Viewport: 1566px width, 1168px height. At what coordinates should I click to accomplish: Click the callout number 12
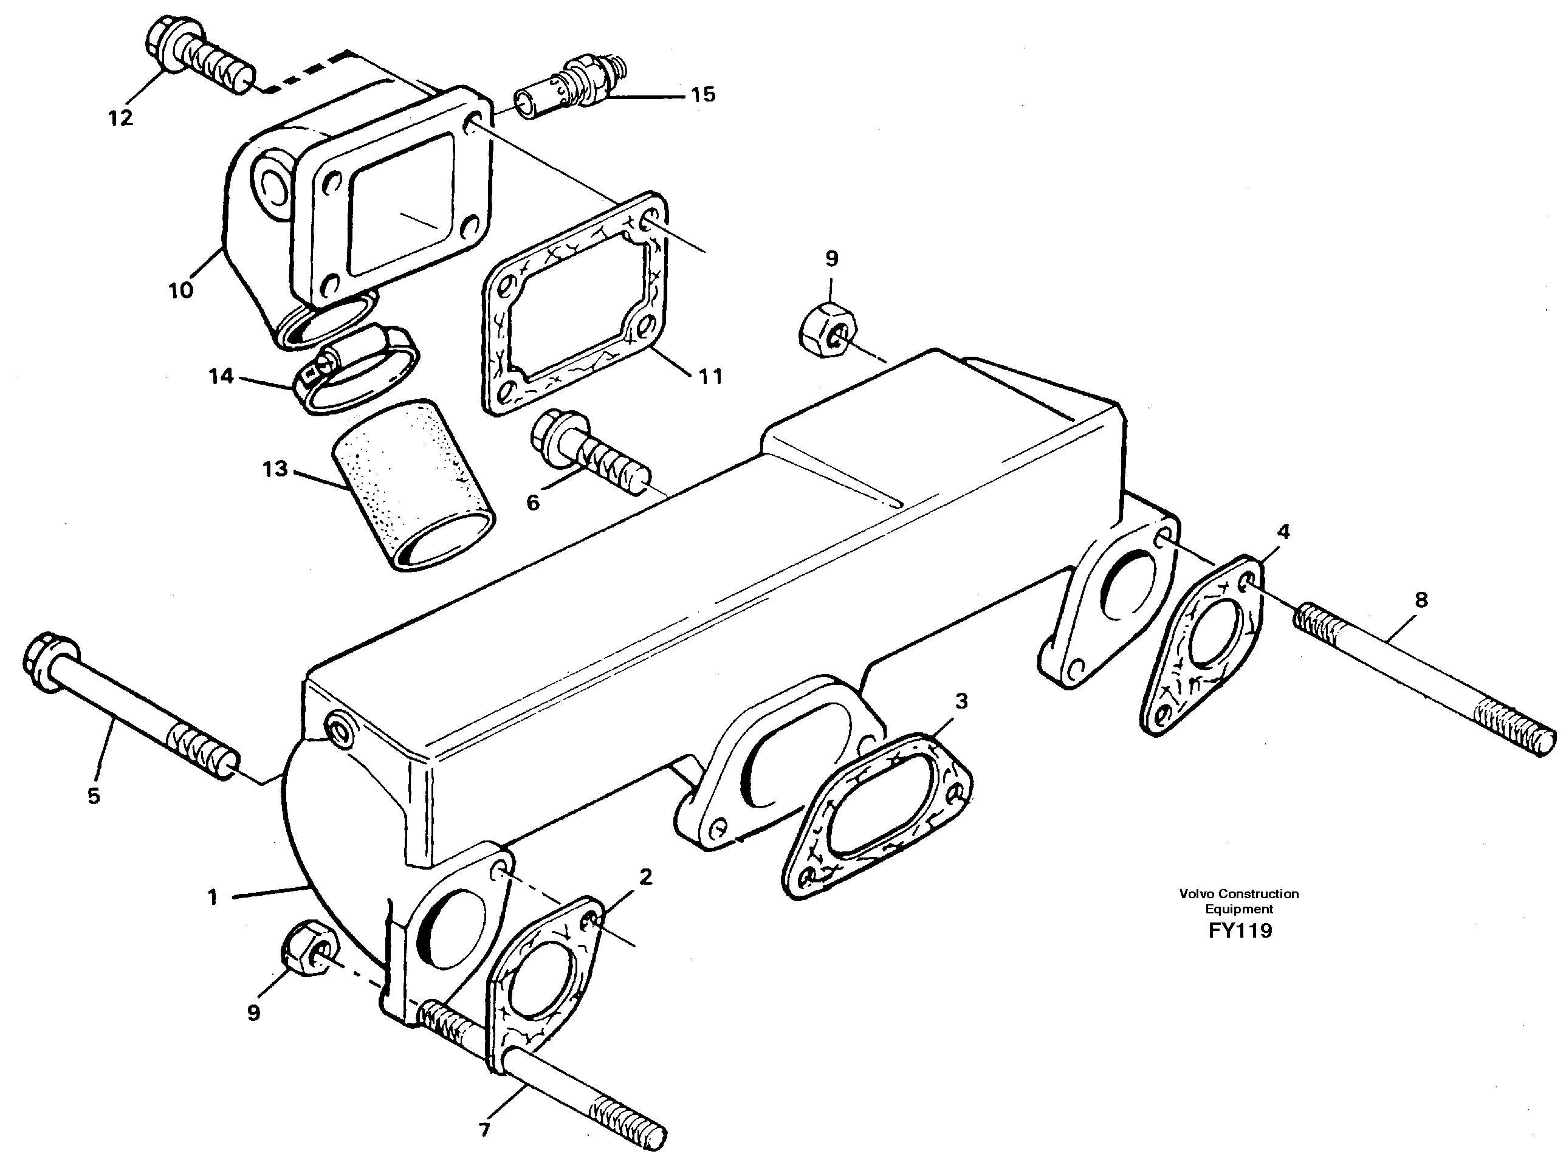121,118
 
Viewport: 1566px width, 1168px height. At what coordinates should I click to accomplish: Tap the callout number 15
702,94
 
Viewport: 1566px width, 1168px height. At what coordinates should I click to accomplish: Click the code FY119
1239,930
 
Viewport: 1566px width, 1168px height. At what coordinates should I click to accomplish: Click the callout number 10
181,290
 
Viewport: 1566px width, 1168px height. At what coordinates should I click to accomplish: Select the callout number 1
212,897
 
